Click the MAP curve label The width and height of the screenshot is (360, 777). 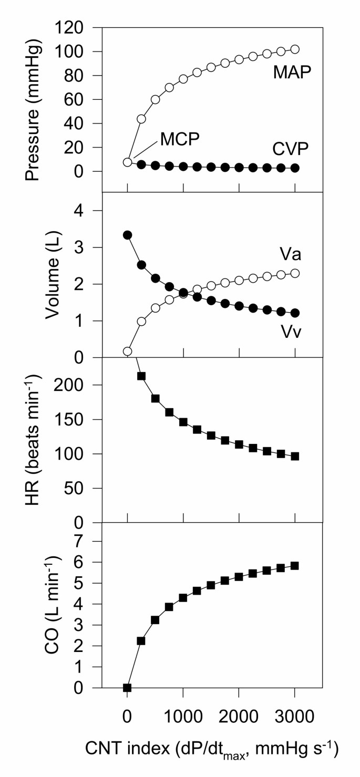pos(293,72)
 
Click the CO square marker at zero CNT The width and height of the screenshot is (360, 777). pos(127,688)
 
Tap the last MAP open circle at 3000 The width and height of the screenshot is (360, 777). pos(295,49)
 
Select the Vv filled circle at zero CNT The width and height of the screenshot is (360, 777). pos(127,235)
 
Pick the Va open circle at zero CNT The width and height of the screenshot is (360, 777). pos(127,351)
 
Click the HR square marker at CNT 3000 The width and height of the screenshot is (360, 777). pos(295,456)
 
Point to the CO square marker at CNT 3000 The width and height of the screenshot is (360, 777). pos(295,566)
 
